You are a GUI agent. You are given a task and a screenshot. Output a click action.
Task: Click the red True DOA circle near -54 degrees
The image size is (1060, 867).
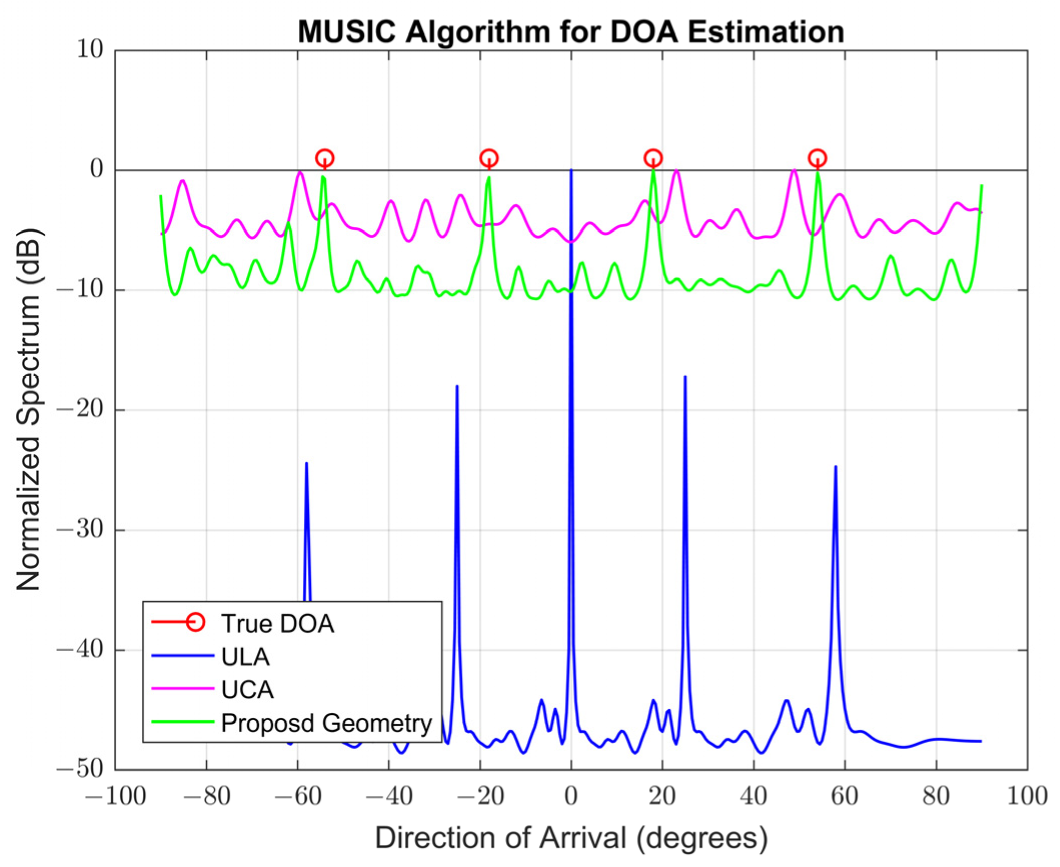[x=324, y=158]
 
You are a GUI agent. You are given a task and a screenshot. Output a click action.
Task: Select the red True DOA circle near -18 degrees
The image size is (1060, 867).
[x=488, y=158]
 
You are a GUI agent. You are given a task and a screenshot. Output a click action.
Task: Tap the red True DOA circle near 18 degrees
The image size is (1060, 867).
[x=653, y=158]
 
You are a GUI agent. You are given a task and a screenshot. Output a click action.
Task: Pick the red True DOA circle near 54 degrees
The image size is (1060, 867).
[x=817, y=158]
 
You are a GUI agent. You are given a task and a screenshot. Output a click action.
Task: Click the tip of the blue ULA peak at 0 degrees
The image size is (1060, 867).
[x=571, y=171]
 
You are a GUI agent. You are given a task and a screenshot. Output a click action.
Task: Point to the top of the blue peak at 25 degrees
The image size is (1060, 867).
[x=685, y=377]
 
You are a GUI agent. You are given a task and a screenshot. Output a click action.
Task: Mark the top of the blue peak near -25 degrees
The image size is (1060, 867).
[x=456, y=386]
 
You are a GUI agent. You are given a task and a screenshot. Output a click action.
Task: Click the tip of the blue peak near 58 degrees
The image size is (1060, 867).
[x=835, y=467]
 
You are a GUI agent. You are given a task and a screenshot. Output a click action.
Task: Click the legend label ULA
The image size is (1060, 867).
[x=245, y=657]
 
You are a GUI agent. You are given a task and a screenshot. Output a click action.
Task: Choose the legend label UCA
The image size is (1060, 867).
[x=247, y=690]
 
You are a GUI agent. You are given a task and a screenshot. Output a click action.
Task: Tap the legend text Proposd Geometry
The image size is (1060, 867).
[x=326, y=723]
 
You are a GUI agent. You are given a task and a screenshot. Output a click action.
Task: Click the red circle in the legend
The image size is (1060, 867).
[x=195, y=623]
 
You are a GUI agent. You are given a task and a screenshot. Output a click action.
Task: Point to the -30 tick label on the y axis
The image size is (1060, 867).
[x=79, y=530]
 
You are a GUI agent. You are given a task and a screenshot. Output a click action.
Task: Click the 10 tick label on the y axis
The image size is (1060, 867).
[x=89, y=50]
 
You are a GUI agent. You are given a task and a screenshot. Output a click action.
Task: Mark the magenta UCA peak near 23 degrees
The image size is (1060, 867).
[x=676, y=171]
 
